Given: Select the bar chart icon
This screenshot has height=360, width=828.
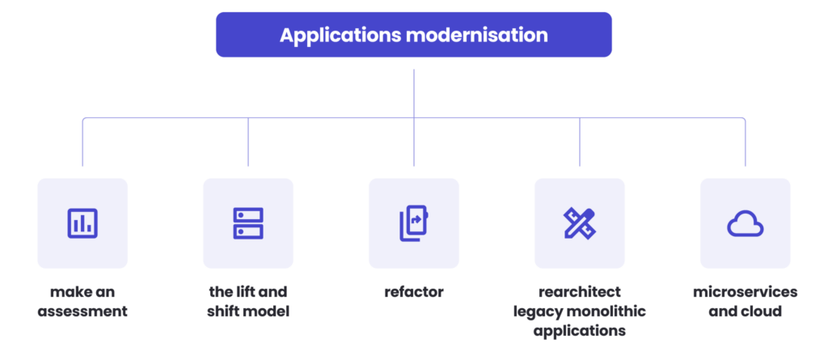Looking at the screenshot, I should tap(82, 223).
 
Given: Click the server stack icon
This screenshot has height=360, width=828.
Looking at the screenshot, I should tap(248, 223).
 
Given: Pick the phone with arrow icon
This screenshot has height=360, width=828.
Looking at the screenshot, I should tap(413, 223).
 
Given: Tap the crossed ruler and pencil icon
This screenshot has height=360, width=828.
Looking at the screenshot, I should tap(579, 223).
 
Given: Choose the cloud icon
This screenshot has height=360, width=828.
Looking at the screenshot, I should tap(745, 223).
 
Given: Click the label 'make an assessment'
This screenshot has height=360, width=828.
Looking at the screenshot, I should tap(82, 301).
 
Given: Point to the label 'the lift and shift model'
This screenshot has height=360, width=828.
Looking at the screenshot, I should tap(248, 301).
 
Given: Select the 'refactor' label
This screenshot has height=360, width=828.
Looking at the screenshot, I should tap(413, 291).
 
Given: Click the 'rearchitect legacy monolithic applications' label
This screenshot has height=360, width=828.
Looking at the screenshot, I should tap(579, 311).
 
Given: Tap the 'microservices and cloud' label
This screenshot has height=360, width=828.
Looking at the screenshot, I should tap(745, 301).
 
